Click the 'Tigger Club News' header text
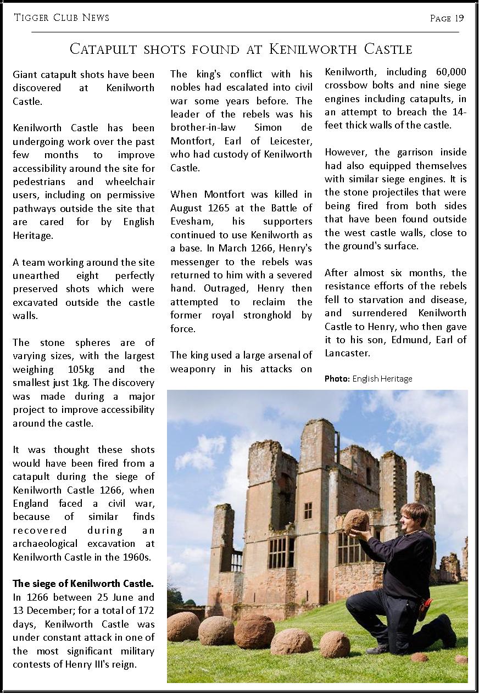62,18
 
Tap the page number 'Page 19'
447,18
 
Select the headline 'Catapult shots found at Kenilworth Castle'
241,49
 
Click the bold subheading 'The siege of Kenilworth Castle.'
83,584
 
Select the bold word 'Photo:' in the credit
337,379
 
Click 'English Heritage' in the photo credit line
382,379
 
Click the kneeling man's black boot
445,631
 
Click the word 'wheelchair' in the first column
129,182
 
